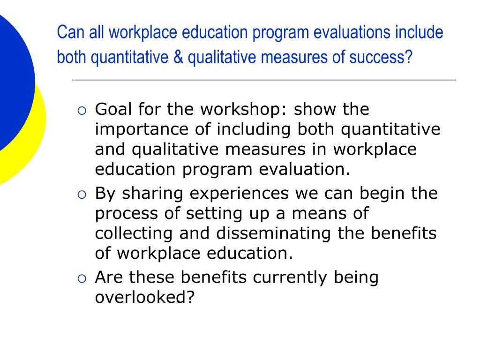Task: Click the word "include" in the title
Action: point(419,33)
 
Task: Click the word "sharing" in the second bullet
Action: point(153,194)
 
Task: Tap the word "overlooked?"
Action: point(144,298)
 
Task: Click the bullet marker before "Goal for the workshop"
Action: point(81,111)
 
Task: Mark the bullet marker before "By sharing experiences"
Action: point(81,195)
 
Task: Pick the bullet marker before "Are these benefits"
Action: point(81,278)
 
